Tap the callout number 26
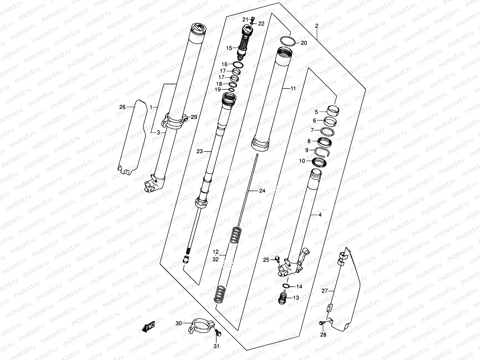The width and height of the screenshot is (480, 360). point(122,107)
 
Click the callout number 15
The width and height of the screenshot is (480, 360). point(229,48)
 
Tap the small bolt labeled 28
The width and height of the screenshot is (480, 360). point(322,323)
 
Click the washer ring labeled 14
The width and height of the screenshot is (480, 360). point(286,285)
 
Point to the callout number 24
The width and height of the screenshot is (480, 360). point(262,191)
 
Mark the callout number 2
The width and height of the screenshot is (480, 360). point(316,26)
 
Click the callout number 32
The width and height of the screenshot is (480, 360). point(215,260)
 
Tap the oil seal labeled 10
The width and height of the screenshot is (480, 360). point(319,162)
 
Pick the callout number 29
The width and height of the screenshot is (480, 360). point(194,117)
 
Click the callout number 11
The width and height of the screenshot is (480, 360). point(293,88)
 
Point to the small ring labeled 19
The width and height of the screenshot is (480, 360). point(231,89)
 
